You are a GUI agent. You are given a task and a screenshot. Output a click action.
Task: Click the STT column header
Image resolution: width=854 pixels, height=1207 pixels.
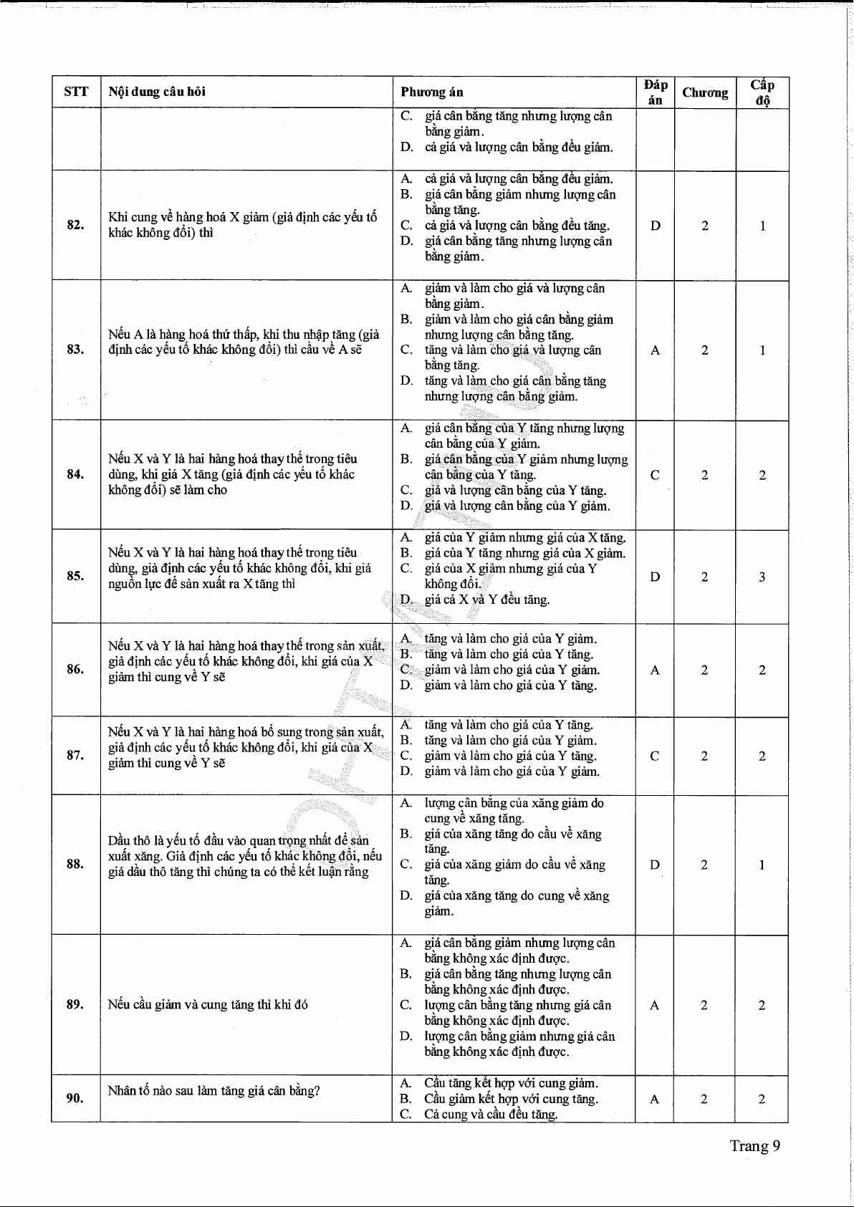click(x=76, y=92)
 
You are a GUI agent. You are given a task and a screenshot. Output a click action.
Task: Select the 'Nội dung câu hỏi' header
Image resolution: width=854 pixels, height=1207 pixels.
click(x=157, y=92)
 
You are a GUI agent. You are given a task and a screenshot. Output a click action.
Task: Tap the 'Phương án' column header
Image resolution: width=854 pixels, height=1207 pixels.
click(x=431, y=92)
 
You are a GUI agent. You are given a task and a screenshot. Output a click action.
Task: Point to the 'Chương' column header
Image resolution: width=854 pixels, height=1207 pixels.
click(x=705, y=92)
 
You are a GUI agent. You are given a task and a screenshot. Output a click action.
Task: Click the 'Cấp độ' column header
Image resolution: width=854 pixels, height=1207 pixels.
click(x=762, y=92)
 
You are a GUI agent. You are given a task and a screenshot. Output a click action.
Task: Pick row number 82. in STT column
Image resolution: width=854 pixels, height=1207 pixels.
click(x=76, y=225)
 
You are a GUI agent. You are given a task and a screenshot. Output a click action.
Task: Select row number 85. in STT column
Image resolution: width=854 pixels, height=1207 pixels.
click(x=76, y=576)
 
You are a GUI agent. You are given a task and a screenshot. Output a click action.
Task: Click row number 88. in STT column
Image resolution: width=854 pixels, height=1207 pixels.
click(x=76, y=864)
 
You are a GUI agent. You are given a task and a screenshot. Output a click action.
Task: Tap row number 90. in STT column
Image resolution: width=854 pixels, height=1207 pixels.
click(x=76, y=1098)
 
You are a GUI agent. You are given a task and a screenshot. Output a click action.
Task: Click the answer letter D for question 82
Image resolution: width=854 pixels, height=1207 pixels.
click(x=655, y=226)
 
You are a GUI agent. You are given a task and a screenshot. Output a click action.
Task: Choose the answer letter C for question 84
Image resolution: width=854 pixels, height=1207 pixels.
click(x=655, y=475)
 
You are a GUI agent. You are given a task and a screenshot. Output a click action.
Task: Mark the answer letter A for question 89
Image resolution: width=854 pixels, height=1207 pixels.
click(x=655, y=1005)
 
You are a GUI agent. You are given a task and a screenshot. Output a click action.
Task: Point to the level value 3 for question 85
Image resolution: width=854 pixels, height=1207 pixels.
click(x=762, y=577)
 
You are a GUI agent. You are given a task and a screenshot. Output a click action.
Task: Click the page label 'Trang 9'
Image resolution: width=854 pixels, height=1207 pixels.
click(x=754, y=1145)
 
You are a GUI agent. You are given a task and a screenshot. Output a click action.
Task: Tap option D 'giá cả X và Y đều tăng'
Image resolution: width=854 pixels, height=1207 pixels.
click(x=487, y=600)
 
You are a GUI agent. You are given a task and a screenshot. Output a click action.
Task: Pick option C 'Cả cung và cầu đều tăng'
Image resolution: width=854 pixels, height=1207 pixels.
click(x=491, y=1114)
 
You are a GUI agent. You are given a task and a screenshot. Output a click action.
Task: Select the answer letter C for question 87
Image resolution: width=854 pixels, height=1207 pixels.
click(x=655, y=756)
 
